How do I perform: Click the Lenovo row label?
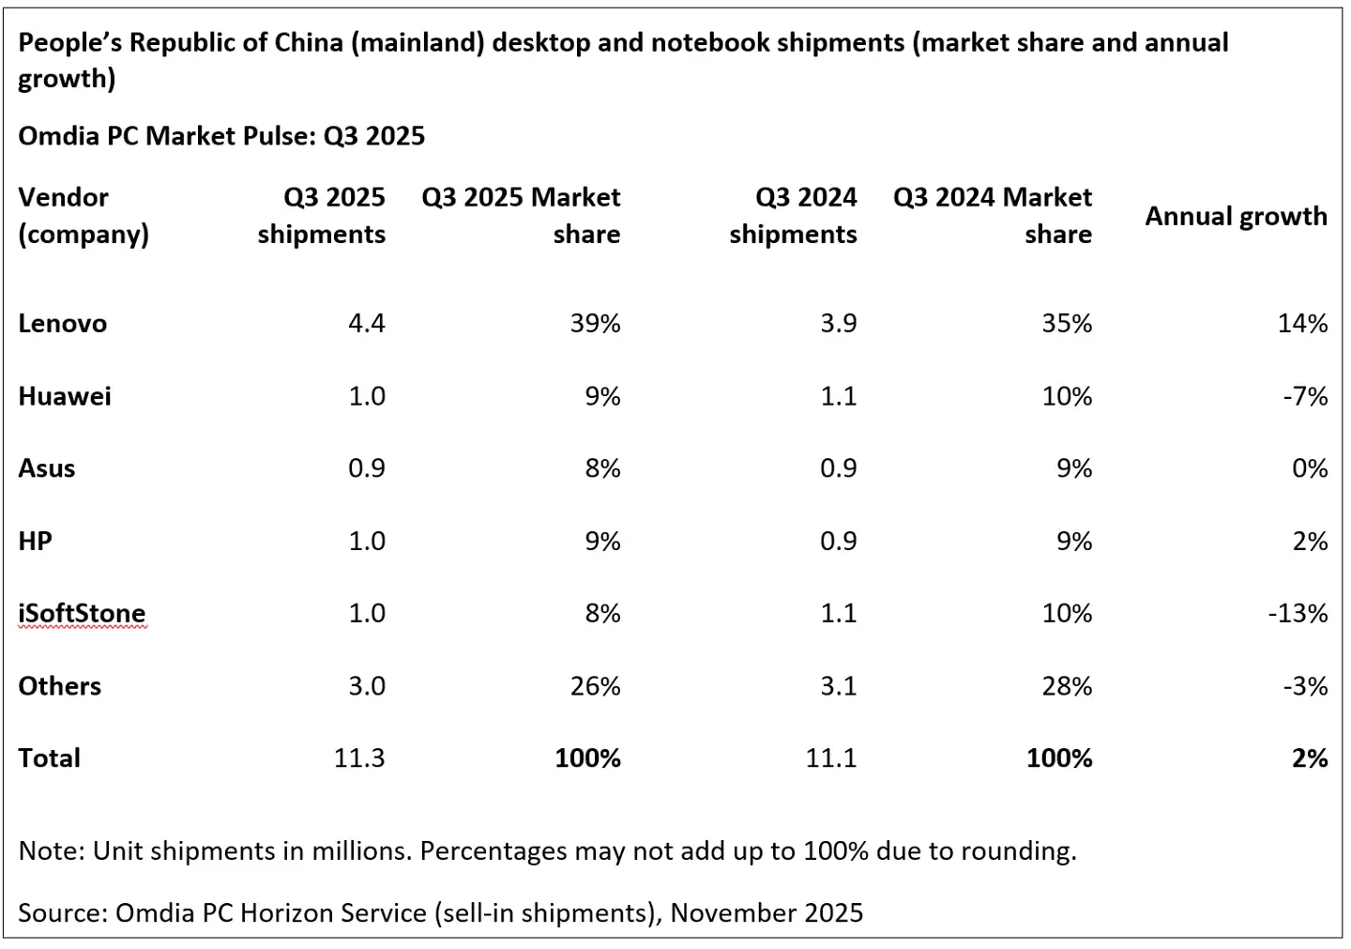(x=62, y=324)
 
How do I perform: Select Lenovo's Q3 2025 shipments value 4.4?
(x=366, y=324)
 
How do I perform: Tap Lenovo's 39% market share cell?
(x=595, y=324)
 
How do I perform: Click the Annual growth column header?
(x=1236, y=217)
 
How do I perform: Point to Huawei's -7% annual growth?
(x=1304, y=396)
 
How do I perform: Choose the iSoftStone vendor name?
(x=82, y=614)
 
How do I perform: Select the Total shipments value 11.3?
(x=359, y=758)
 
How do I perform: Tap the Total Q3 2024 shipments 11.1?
(x=830, y=758)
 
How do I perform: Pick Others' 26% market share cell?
(x=595, y=686)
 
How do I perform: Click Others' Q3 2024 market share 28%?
(x=1067, y=686)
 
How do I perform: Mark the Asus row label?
(x=46, y=468)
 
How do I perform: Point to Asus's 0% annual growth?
(x=1309, y=468)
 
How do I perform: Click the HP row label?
(x=35, y=542)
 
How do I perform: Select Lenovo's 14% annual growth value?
(x=1302, y=324)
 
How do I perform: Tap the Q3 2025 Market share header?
(x=522, y=216)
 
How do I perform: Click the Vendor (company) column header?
(x=83, y=216)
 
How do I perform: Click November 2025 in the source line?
(x=767, y=912)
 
